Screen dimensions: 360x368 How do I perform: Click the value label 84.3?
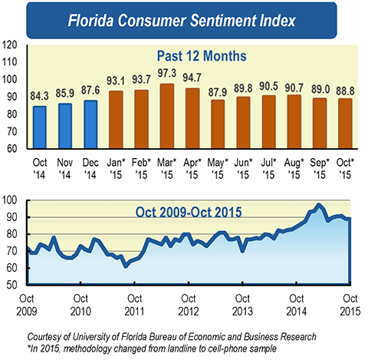tap(40, 97)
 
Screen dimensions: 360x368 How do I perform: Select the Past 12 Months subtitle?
tap(201, 56)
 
